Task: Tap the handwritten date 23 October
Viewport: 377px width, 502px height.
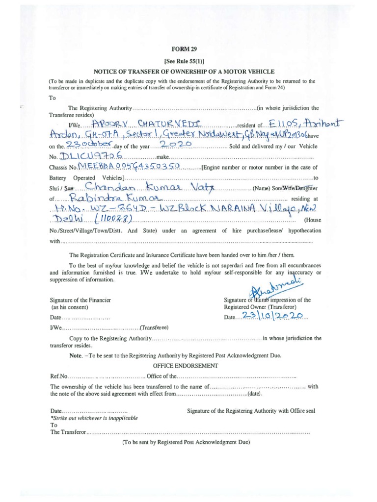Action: (x=92, y=145)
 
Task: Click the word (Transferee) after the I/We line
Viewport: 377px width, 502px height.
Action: (x=155, y=327)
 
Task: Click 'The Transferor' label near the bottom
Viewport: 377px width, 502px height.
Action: (x=68, y=433)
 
